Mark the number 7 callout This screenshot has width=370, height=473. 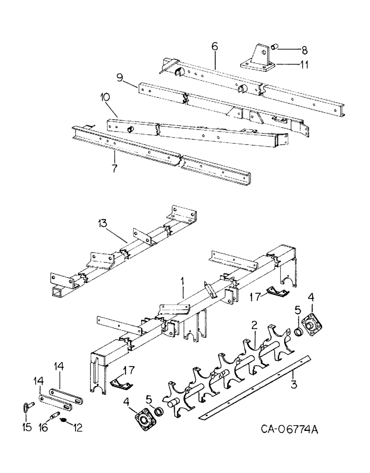(x=114, y=168)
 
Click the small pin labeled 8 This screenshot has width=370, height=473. (x=278, y=47)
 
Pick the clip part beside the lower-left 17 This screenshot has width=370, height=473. (x=118, y=383)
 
